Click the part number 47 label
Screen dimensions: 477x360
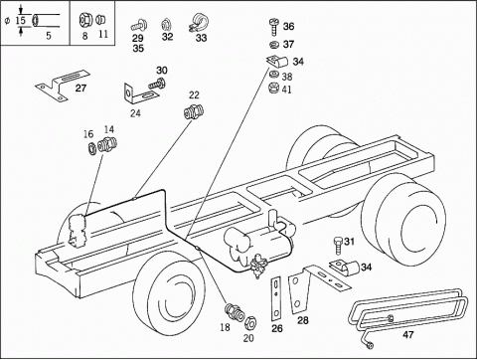(x=408, y=335)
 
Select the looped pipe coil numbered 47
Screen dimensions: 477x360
(x=407, y=308)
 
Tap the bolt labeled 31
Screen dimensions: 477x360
(x=337, y=246)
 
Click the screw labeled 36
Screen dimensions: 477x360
(x=274, y=27)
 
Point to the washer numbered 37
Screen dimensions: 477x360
(x=274, y=44)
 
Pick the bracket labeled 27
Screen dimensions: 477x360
(x=64, y=86)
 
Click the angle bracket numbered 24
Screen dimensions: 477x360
(x=140, y=93)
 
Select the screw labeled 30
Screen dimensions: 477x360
(x=157, y=83)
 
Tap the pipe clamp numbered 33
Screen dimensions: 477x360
(x=199, y=22)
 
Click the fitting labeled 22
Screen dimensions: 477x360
(x=194, y=111)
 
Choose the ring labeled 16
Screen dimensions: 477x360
(x=91, y=147)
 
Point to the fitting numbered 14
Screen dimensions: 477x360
(x=108, y=144)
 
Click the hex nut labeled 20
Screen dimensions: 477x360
(x=250, y=322)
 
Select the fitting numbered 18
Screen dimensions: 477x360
(x=235, y=311)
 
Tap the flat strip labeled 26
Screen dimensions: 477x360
(x=276, y=298)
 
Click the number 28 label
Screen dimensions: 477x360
(x=303, y=320)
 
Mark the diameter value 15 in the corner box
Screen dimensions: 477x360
(x=21, y=20)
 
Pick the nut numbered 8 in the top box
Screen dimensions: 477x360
(x=83, y=20)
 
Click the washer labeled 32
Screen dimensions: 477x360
(x=165, y=25)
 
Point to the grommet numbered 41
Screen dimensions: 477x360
(x=274, y=88)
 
